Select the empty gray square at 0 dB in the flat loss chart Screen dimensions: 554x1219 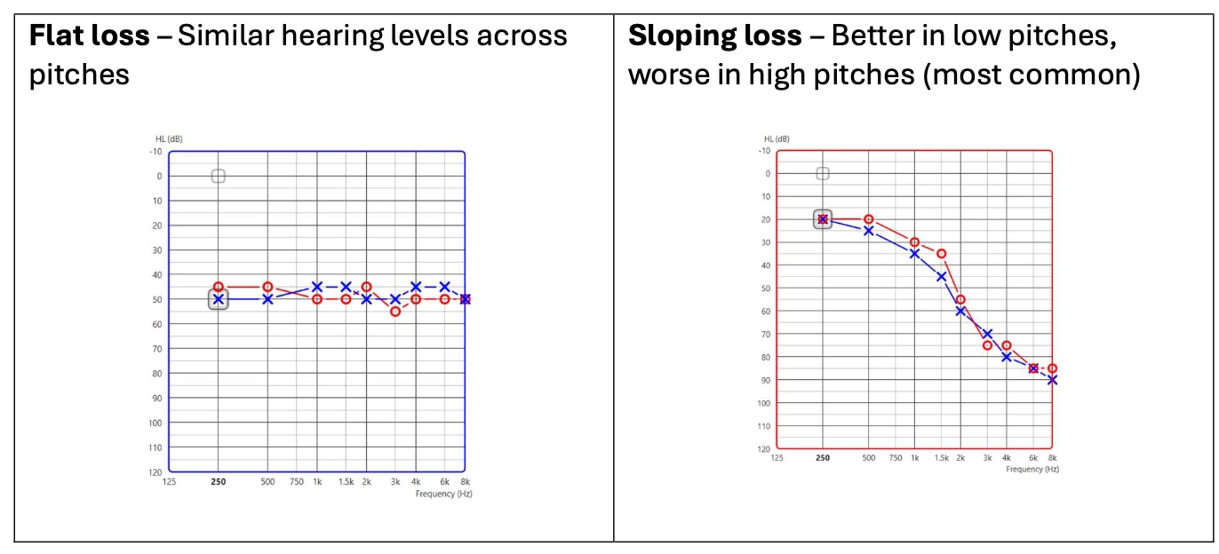(219, 176)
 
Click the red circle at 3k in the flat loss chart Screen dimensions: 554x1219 (395, 311)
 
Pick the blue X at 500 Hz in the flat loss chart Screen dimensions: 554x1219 (267, 299)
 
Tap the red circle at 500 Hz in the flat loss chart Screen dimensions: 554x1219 (267, 287)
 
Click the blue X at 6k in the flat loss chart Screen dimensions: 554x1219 (444, 287)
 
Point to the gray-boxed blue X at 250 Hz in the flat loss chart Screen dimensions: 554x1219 (219, 299)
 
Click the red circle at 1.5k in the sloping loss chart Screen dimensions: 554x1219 (941, 254)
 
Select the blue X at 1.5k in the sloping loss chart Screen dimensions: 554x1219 (941, 276)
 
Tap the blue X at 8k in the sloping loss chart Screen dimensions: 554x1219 (1052, 380)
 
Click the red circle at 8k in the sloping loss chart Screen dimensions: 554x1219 (1052, 368)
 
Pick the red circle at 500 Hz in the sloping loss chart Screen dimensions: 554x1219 (869, 219)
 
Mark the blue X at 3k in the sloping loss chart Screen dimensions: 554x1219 (987, 334)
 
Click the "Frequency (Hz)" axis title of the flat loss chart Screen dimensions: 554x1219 (443, 493)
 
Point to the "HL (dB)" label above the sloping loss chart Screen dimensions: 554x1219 (777, 139)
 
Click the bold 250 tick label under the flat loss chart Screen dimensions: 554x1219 (219, 482)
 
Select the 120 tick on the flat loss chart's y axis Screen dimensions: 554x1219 (155, 471)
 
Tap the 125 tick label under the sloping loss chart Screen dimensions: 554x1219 (777, 458)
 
